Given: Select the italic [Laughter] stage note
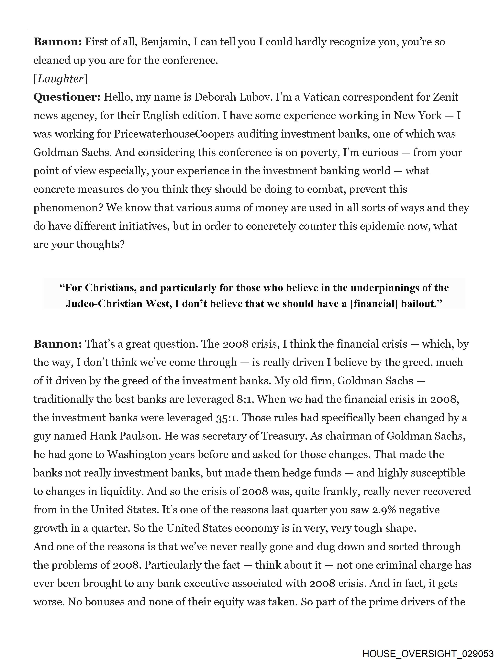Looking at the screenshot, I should click(x=61, y=79).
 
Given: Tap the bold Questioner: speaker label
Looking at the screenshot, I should click(x=67, y=97).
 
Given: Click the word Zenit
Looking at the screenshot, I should click(x=446, y=97).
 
